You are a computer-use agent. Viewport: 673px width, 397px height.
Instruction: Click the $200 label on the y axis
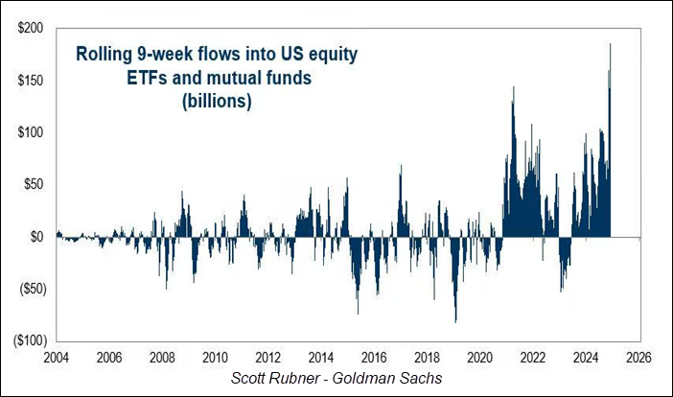coord(28,30)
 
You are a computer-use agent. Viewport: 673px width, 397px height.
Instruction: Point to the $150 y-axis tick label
coord(28,82)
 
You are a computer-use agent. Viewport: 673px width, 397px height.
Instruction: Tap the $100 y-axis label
coord(28,132)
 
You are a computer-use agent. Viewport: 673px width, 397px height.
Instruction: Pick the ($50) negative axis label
coord(28,288)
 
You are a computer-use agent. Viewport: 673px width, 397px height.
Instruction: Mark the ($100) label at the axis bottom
coord(25,339)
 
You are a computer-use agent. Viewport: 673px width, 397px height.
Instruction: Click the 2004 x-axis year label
coord(57,358)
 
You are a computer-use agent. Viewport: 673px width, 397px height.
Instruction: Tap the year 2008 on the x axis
coord(162,358)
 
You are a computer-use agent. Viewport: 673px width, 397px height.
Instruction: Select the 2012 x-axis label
coord(268,358)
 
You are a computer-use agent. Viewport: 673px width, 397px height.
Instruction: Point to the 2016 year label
coord(375,358)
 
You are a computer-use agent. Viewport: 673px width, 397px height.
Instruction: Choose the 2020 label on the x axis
coord(480,358)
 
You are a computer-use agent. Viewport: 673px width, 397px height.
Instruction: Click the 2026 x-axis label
coord(639,358)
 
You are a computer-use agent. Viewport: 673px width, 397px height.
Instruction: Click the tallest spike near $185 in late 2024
coord(610,46)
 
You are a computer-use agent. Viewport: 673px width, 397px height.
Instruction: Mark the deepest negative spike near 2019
coord(455,320)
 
